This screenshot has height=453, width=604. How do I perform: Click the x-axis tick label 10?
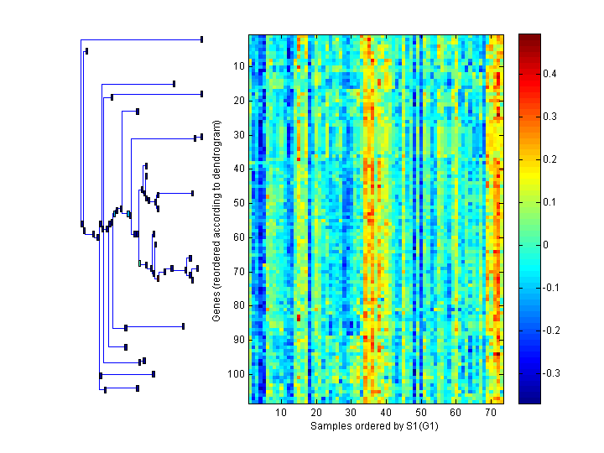(x=281, y=413)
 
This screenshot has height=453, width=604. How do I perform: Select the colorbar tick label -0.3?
(x=552, y=372)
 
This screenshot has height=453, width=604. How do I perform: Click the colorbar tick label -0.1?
(x=552, y=288)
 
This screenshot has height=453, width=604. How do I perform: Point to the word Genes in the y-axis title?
(x=216, y=305)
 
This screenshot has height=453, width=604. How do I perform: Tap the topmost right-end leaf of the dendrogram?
(x=201, y=39)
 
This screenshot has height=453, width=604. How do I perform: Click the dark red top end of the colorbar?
(x=529, y=38)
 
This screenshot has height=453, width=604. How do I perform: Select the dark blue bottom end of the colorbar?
(x=529, y=399)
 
